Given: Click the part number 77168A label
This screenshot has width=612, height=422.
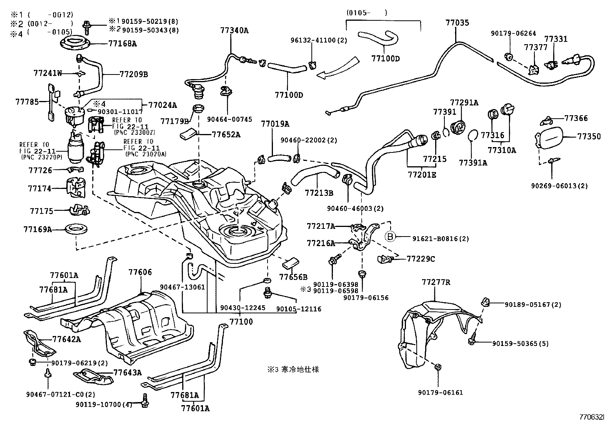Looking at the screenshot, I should pyautogui.click(x=122, y=43).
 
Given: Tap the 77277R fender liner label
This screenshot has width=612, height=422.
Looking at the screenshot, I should pyautogui.click(x=436, y=283).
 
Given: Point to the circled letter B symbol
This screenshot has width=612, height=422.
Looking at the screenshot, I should pyautogui.click(x=390, y=237).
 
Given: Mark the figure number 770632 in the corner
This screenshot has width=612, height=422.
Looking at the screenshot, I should pyautogui.click(x=592, y=417).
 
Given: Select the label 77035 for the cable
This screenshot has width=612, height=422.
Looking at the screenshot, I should pyautogui.click(x=457, y=23).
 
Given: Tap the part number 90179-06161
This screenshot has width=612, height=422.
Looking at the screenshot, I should pyautogui.click(x=441, y=392).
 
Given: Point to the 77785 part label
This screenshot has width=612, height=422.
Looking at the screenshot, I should pyautogui.click(x=27, y=102).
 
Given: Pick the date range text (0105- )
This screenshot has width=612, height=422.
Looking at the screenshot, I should pyautogui.click(x=366, y=13).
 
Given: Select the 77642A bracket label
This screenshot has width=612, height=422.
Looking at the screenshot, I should pyautogui.click(x=67, y=339).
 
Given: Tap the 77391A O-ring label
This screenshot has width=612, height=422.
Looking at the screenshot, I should pyautogui.click(x=473, y=162).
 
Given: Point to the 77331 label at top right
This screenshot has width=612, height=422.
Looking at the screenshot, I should pyautogui.click(x=555, y=39).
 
